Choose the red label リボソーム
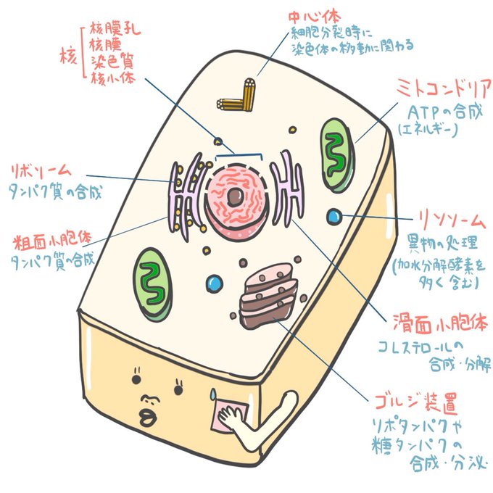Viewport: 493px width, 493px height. (x=41, y=172)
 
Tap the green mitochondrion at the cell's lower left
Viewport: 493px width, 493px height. (x=153, y=276)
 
